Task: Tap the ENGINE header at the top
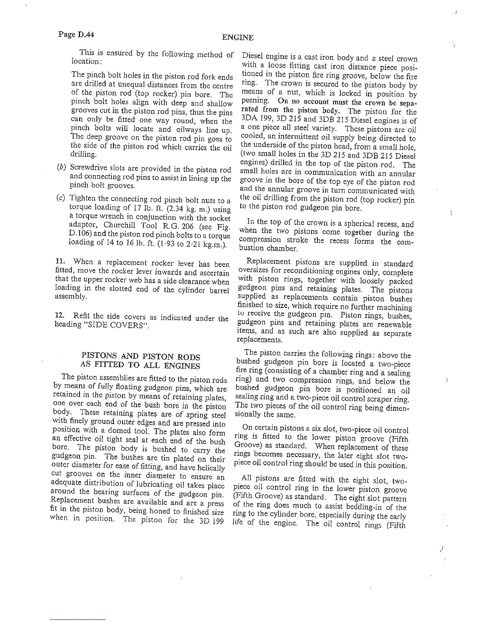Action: coord(237,38)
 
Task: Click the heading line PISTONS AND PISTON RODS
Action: coord(141,357)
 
